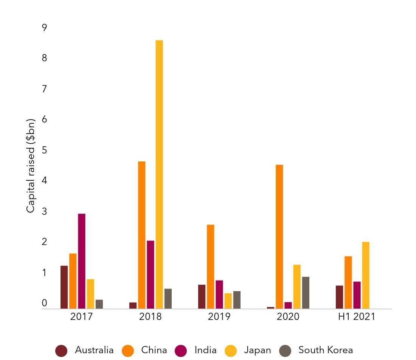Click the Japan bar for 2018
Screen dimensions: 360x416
click(x=159, y=174)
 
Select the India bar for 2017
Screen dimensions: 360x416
click(x=82, y=261)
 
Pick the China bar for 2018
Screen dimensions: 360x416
click(x=142, y=235)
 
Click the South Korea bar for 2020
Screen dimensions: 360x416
click(x=306, y=293)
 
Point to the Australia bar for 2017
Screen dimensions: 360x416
click(x=64, y=287)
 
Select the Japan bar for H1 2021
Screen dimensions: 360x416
click(x=366, y=275)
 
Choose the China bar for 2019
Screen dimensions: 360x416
click(x=211, y=267)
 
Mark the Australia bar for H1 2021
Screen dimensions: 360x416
click(x=340, y=297)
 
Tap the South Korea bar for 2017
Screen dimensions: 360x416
click(x=99, y=304)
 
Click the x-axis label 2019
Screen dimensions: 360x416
click(x=219, y=317)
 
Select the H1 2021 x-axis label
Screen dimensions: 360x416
click(x=357, y=317)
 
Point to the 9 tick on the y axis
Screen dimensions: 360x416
click(x=45, y=28)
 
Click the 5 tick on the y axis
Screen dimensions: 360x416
click(x=45, y=150)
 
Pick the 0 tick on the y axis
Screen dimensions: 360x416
click(x=45, y=303)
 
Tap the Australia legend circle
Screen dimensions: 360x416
click(x=61, y=351)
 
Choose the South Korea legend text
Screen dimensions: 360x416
click(x=326, y=350)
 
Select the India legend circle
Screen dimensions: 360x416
click(x=181, y=351)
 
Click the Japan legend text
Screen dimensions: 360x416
click(x=258, y=350)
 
